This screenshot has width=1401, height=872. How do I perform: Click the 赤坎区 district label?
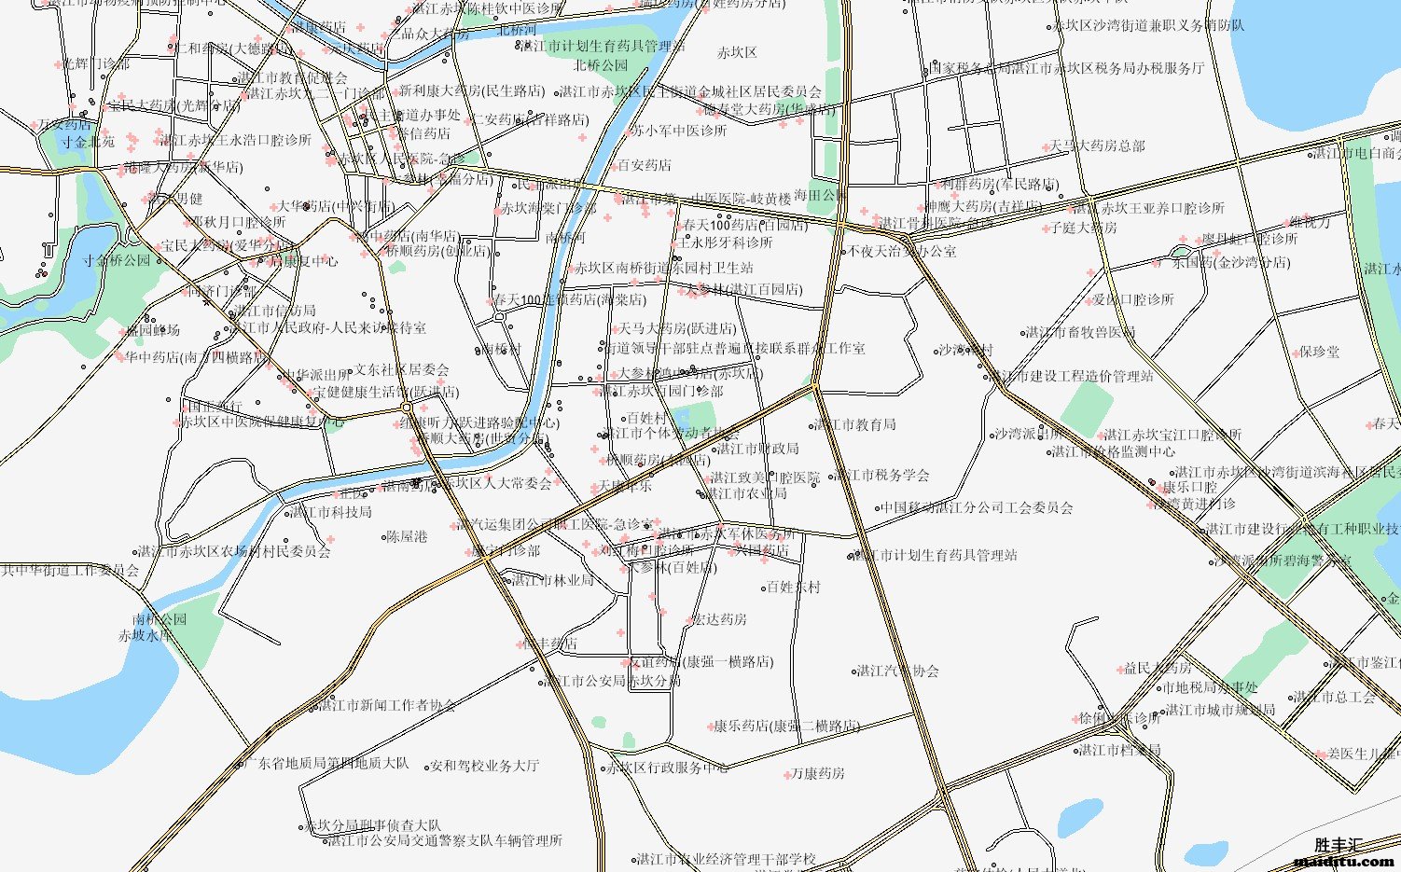[x=737, y=53]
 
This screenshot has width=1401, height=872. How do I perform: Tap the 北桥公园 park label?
[x=601, y=65]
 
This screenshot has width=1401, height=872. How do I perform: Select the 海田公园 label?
[x=821, y=195]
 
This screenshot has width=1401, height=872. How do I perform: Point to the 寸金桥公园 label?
[x=117, y=260]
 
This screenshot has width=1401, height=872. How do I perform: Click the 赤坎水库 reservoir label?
[x=146, y=635]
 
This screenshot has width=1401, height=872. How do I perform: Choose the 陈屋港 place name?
[x=407, y=536]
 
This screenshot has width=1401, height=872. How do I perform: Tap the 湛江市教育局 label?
[x=855, y=424]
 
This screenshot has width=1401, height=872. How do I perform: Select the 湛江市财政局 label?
[x=757, y=449]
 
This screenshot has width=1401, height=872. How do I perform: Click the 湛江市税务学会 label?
[x=882, y=475]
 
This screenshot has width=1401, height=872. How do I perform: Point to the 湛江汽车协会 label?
[x=897, y=671]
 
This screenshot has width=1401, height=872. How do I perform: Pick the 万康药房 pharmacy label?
[x=817, y=773]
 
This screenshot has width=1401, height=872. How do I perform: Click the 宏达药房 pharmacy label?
[x=718, y=619]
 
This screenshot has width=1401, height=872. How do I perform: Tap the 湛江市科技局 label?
[x=331, y=512]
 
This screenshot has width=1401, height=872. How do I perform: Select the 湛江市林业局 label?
[x=552, y=580]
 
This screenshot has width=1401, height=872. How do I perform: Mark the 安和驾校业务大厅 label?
[x=484, y=766]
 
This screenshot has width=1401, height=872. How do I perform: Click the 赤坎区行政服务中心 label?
[x=667, y=768]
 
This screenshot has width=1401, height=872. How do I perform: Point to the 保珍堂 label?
[x=1319, y=352]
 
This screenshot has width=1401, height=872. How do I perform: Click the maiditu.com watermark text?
[x=1343, y=862]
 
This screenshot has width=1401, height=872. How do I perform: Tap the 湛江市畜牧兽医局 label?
[x=1080, y=332]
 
